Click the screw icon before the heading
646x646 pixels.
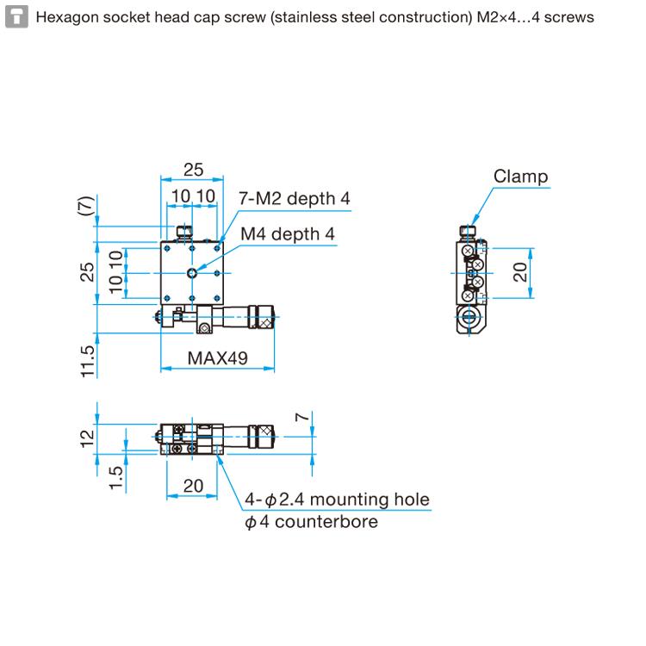[15, 16]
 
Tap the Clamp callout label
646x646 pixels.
[520, 177]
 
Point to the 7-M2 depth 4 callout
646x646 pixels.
[295, 198]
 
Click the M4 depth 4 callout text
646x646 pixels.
[287, 233]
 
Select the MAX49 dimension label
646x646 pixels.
[218, 357]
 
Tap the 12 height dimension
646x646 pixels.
[86, 438]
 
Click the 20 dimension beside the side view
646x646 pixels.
[520, 273]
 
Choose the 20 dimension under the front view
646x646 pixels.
[193, 486]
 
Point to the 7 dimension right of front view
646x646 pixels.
[301, 418]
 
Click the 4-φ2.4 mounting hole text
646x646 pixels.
[336, 500]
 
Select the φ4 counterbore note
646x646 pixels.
[311, 521]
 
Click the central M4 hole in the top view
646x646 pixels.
[192, 273]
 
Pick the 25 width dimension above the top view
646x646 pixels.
[193, 170]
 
